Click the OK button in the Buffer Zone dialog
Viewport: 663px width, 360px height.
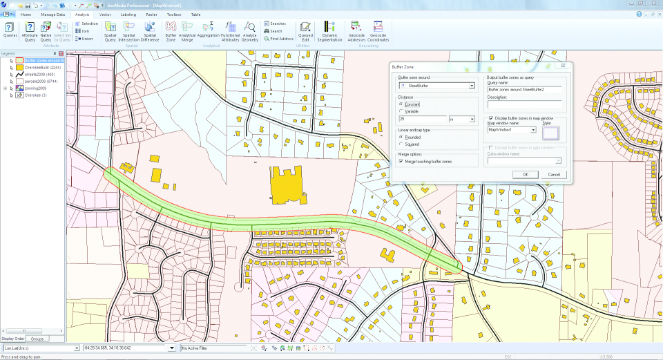tap(526, 174)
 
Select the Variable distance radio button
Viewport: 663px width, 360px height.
tap(401, 111)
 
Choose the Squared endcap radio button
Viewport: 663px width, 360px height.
tap(401, 144)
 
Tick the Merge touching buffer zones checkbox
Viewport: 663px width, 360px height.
tap(401, 161)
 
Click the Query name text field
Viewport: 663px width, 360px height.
tap(524, 89)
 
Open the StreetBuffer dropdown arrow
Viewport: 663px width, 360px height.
tap(472, 86)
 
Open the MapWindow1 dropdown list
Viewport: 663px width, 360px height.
tap(533, 129)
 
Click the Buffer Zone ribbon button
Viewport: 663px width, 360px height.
tap(171, 31)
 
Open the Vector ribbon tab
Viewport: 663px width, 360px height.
tap(106, 14)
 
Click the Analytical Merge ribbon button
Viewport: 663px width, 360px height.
tap(187, 31)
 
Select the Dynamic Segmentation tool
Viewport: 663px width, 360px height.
tap(329, 31)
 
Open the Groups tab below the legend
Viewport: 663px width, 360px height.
tap(37, 339)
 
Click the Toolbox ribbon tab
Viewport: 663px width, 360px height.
tap(174, 14)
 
